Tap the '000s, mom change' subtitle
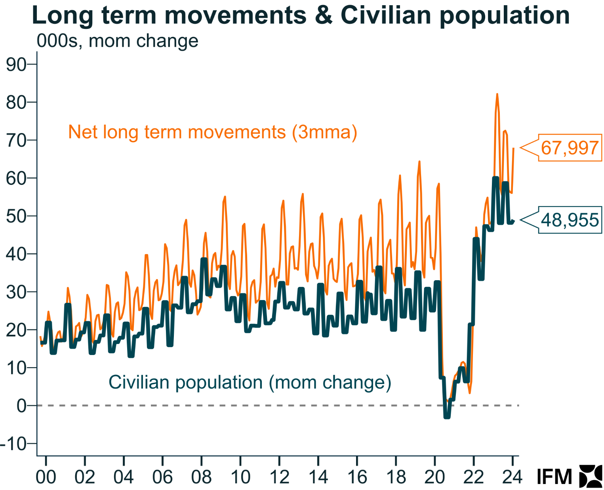[x=117, y=41]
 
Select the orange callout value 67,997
[x=570, y=148]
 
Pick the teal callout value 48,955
[x=570, y=220]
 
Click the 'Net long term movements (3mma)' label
[x=213, y=132]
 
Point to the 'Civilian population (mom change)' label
[x=250, y=382]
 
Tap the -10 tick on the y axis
[x=14, y=444]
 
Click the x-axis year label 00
[x=46, y=477]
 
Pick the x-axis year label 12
[x=279, y=477]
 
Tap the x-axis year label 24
[x=513, y=477]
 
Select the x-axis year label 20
[x=434, y=477]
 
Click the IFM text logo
[x=554, y=477]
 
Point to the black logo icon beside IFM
[x=591, y=476]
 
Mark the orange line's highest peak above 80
[x=497, y=94]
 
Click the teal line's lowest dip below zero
[x=447, y=416]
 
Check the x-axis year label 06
[x=162, y=477]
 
